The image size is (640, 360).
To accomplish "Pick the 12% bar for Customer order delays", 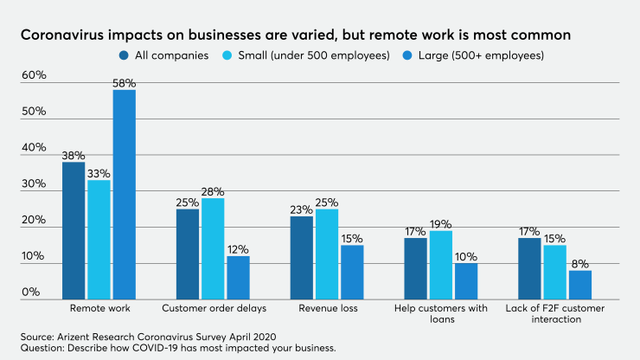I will coord(238,278).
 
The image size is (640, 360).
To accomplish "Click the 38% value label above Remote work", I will coord(74,156).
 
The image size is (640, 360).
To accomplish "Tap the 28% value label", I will coord(213,192).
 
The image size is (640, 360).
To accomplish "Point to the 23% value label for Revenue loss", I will coord(301,209).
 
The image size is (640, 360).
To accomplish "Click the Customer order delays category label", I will coord(213,308).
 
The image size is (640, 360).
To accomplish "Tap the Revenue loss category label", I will coord(326,308).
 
